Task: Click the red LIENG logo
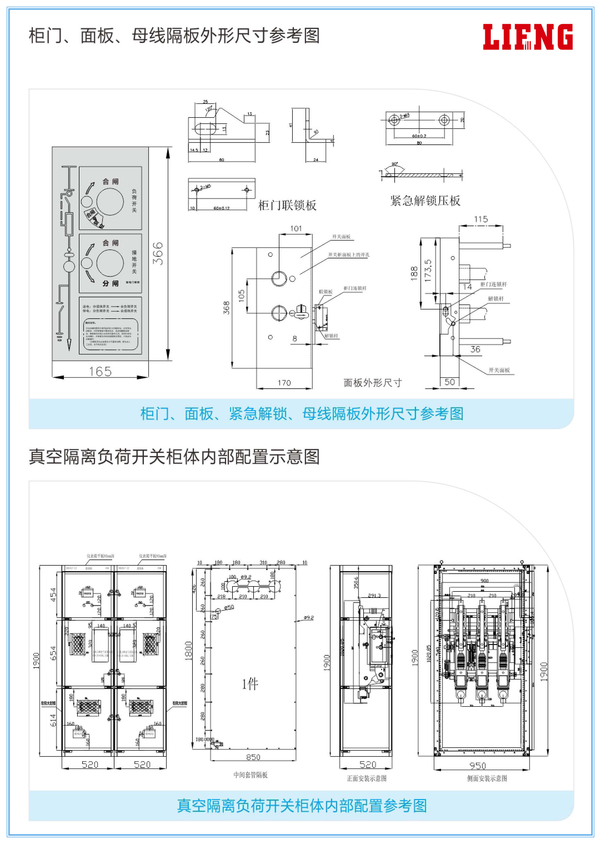coord(528,37)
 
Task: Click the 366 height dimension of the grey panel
coord(158,254)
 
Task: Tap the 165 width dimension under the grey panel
coord(100,371)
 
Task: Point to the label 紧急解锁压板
coord(425,201)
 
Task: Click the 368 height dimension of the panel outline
coord(226,308)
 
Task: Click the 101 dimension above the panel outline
coord(296,228)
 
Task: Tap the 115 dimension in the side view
coord(481,219)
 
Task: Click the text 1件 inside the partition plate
coord(250,684)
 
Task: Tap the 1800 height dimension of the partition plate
coord(188,650)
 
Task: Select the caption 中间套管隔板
coord(251,775)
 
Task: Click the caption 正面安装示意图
coord(366,778)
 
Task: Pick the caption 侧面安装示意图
coord(487,778)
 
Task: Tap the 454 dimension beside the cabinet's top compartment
coord(53,595)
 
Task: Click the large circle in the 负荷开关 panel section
coord(110,202)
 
